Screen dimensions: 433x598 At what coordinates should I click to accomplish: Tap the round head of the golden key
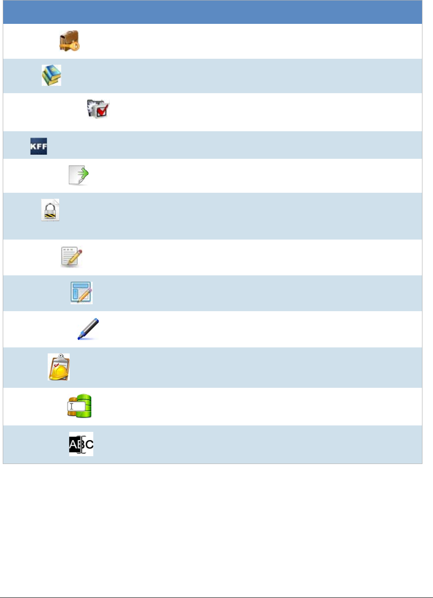[x=76, y=46]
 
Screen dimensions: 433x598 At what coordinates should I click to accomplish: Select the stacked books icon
[x=51, y=75]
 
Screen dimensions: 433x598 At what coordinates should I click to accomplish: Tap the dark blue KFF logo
[x=39, y=146]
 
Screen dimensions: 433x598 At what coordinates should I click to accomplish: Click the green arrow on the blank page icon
[x=82, y=173]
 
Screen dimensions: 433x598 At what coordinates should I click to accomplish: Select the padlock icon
[x=50, y=210]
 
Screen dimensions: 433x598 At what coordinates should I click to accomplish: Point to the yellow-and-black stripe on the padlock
[x=50, y=215]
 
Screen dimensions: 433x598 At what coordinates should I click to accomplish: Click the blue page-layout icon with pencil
[x=82, y=292]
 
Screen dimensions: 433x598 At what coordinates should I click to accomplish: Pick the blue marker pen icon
[x=89, y=329]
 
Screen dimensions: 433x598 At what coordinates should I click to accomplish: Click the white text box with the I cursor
[x=76, y=406]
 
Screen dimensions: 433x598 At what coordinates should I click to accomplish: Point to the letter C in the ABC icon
[x=89, y=444]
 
